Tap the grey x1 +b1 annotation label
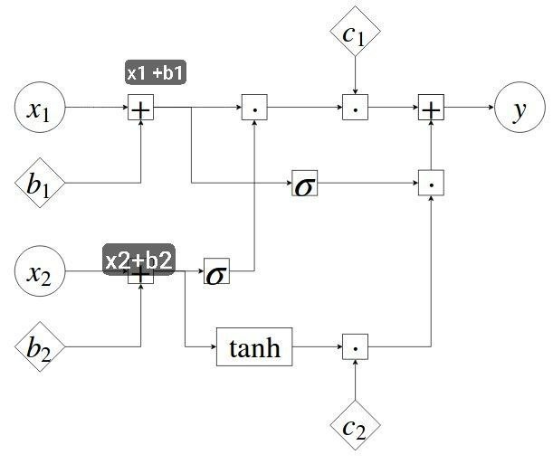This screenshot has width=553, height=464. (156, 72)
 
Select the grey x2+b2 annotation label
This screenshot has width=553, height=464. (139, 260)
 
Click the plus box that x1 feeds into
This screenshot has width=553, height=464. (140, 107)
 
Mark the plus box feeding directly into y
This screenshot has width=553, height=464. (431, 107)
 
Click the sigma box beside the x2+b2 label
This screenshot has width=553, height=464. (216, 271)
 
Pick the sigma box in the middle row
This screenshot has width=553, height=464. (305, 183)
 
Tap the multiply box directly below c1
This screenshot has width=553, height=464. (355, 107)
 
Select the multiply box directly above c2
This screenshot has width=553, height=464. (355, 346)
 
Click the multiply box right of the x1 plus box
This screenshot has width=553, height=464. (254, 107)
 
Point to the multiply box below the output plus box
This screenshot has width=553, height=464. (431, 183)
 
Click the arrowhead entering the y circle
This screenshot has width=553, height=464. (491, 107)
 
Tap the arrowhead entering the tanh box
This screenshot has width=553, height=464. (214, 346)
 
